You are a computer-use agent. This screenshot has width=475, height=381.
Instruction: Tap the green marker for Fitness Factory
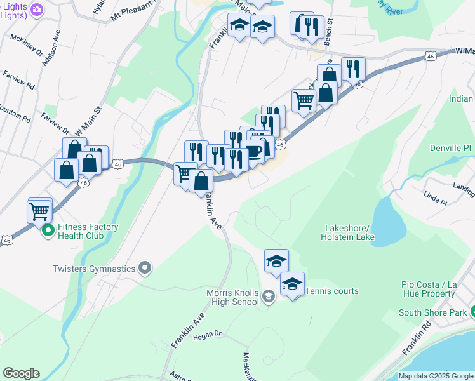click(x=48, y=232)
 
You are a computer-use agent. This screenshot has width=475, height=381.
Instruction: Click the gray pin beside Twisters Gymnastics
click(x=145, y=269)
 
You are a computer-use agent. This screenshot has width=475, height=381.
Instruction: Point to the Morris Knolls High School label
click(x=232, y=297)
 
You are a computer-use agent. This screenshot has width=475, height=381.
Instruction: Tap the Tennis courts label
click(x=332, y=291)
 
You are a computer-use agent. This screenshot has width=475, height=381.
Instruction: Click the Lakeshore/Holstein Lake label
click(x=350, y=232)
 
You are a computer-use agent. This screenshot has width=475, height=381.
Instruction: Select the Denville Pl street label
click(x=450, y=148)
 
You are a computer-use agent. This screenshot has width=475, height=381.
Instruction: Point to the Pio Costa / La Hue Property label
click(x=438, y=289)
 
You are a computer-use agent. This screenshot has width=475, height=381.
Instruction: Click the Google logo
click(x=21, y=373)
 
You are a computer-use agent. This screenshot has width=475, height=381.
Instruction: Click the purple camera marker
click(x=36, y=10)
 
